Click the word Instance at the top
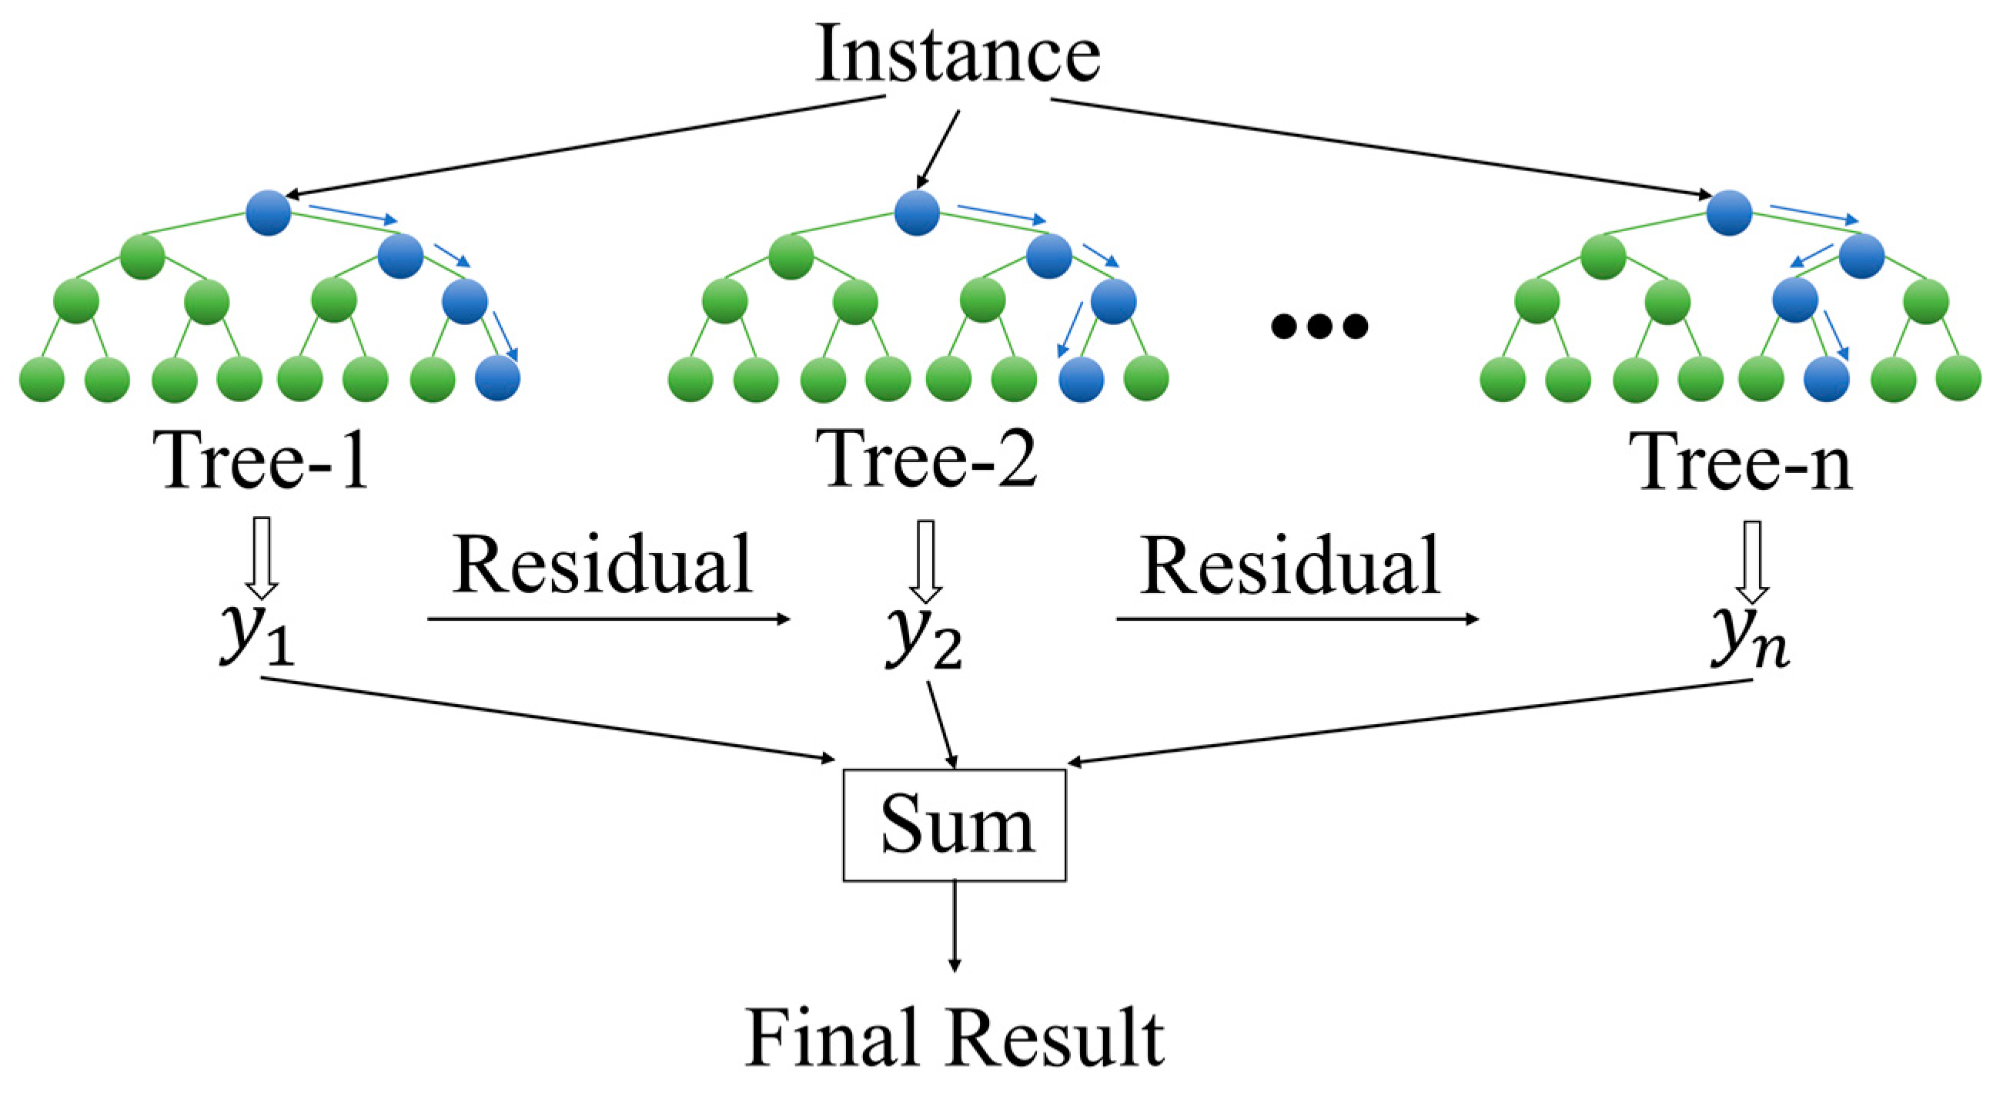point(957,55)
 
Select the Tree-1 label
point(262,461)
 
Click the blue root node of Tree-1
point(268,213)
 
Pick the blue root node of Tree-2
point(917,213)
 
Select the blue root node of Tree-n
point(1728,213)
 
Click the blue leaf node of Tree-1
point(497,379)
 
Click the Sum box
point(954,826)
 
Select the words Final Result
point(954,1038)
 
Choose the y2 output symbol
point(924,636)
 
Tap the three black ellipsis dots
point(1319,326)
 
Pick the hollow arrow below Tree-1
point(262,557)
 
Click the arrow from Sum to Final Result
point(954,926)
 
